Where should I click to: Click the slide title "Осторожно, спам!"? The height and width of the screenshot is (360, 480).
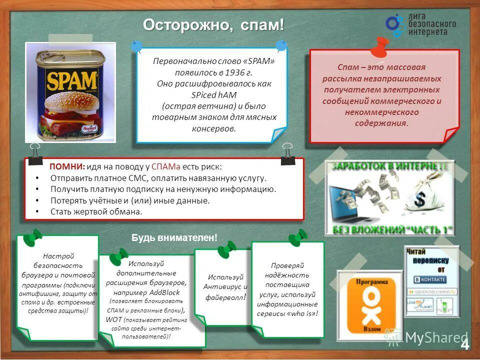coord(213,24)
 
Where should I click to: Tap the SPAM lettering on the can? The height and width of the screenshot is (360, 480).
coord(71,80)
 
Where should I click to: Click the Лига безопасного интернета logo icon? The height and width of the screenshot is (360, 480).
coord(395,25)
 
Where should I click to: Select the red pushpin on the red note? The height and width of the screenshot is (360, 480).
coord(380,46)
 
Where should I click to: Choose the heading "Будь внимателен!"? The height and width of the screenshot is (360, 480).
coord(174,238)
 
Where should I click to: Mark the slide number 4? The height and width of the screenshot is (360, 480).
coord(464,344)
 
